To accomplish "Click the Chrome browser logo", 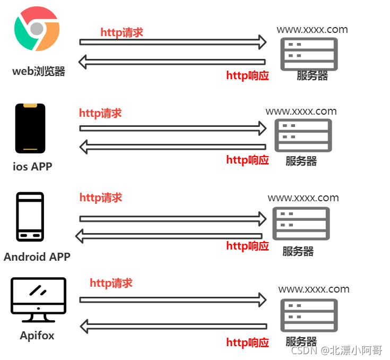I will click(x=37, y=29).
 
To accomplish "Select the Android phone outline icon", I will click(x=30, y=217).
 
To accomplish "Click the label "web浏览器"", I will click(x=39, y=71).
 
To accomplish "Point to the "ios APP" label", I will click(x=33, y=166).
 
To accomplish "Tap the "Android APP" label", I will click(x=37, y=257).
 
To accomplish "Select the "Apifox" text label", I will click(x=37, y=336).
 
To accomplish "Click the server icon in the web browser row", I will click(x=309, y=53).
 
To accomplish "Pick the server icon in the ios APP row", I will click(x=303, y=135).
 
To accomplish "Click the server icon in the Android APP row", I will click(x=301, y=224).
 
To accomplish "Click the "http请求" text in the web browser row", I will click(x=122, y=32).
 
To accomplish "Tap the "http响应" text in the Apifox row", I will click(x=247, y=342).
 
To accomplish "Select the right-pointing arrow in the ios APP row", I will click(x=173, y=128).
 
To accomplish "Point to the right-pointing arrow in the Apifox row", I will click(x=173, y=299).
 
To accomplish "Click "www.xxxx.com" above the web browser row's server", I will click(x=312, y=29).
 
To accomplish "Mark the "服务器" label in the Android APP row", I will click(x=298, y=251).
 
